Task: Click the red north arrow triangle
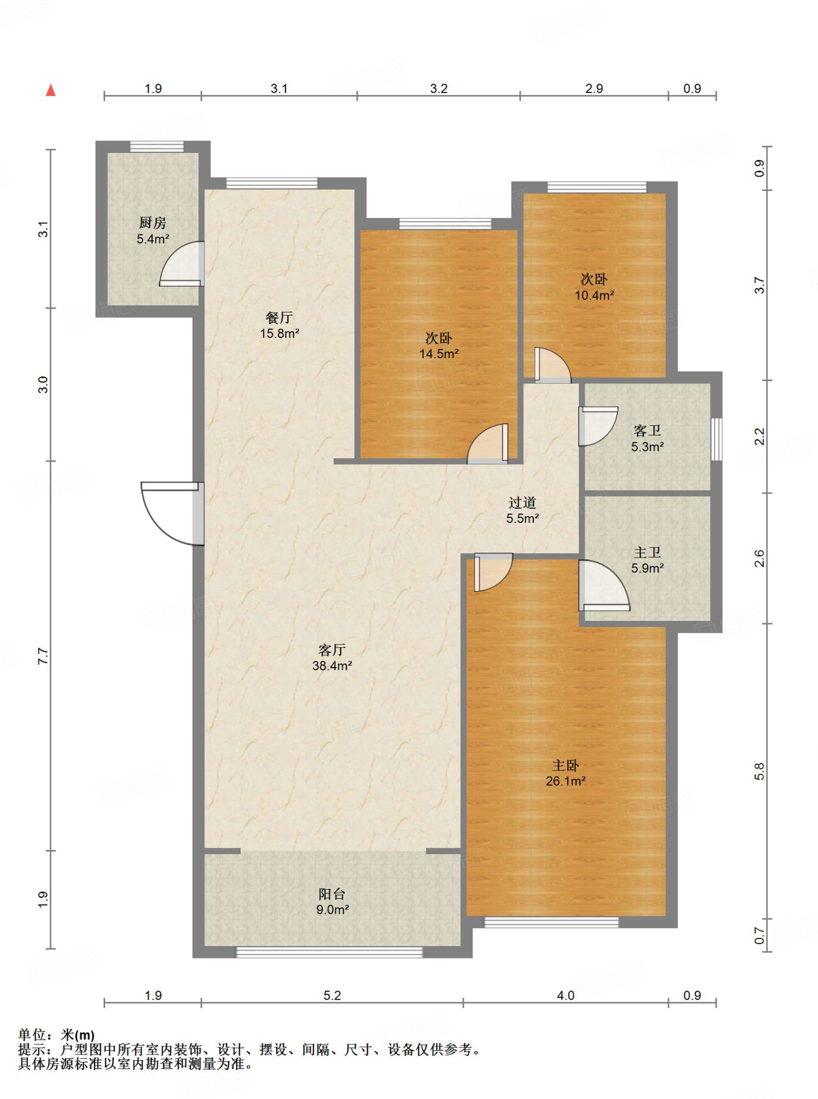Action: [51, 90]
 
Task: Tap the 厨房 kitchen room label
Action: [153, 231]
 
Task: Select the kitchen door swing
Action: [182, 263]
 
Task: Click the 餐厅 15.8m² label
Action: [279, 325]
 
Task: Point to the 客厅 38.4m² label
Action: [332, 657]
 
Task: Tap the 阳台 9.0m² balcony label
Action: [332, 902]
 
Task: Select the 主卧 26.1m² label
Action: [565, 773]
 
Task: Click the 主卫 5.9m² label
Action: [647, 560]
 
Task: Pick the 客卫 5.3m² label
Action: [647, 438]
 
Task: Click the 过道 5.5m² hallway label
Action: [522, 510]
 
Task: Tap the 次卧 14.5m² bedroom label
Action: [439, 346]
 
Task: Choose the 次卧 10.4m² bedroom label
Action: [594, 287]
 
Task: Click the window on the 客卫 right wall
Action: [717, 439]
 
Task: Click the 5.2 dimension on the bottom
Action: [332, 995]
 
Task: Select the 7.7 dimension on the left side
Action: [43, 656]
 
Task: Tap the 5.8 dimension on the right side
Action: [759, 772]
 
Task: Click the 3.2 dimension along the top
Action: [439, 89]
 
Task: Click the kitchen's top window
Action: [157, 146]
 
